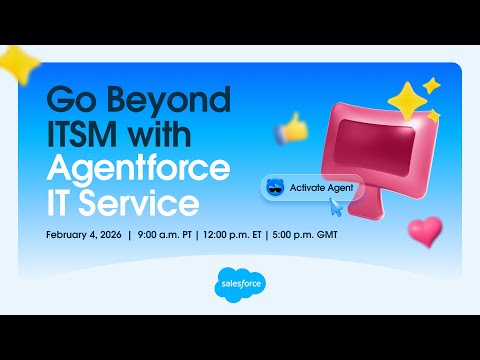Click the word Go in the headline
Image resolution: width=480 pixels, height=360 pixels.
[69, 101]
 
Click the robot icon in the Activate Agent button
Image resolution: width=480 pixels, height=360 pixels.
[274, 187]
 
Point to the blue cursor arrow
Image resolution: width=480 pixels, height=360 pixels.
[335, 208]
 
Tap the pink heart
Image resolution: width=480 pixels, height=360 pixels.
[425, 231]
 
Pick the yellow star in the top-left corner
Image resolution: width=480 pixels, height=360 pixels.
[18, 64]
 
